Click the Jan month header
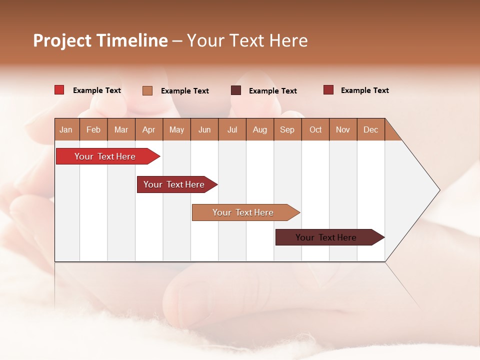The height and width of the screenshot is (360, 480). click(66, 130)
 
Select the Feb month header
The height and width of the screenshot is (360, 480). click(93, 130)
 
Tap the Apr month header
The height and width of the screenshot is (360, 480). click(149, 130)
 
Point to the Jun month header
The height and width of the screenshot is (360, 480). click(204, 130)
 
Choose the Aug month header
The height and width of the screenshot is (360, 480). click(260, 130)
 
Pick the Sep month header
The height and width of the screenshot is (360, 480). click(287, 130)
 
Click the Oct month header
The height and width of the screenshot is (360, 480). click(315, 130)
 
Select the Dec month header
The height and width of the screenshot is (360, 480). click(371, 130)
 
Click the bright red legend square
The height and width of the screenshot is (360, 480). click(59, 90)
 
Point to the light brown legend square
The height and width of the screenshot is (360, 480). click(147, 90)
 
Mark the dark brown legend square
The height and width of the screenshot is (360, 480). click(236, 90)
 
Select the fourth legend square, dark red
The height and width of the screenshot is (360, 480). click(328, 90)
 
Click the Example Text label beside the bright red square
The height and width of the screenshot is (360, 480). click(97, 90)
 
